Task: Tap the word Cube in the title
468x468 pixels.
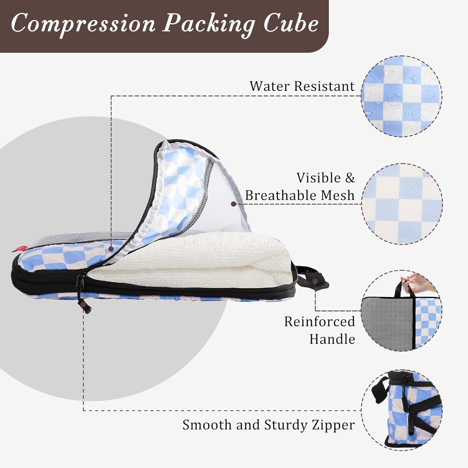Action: [291, 24]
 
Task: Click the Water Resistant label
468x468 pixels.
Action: [302, 86]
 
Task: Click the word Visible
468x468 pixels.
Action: [319, 178]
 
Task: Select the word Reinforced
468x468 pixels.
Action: [319, 321]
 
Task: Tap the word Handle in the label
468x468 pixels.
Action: [332, 339]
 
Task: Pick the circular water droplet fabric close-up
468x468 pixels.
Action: [402, 96]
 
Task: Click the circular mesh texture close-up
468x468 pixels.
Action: [402, 204]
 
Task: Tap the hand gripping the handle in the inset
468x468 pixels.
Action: [418, 281]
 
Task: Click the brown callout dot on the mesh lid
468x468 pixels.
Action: [233, 204]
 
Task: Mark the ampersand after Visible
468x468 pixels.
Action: [350, 178]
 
